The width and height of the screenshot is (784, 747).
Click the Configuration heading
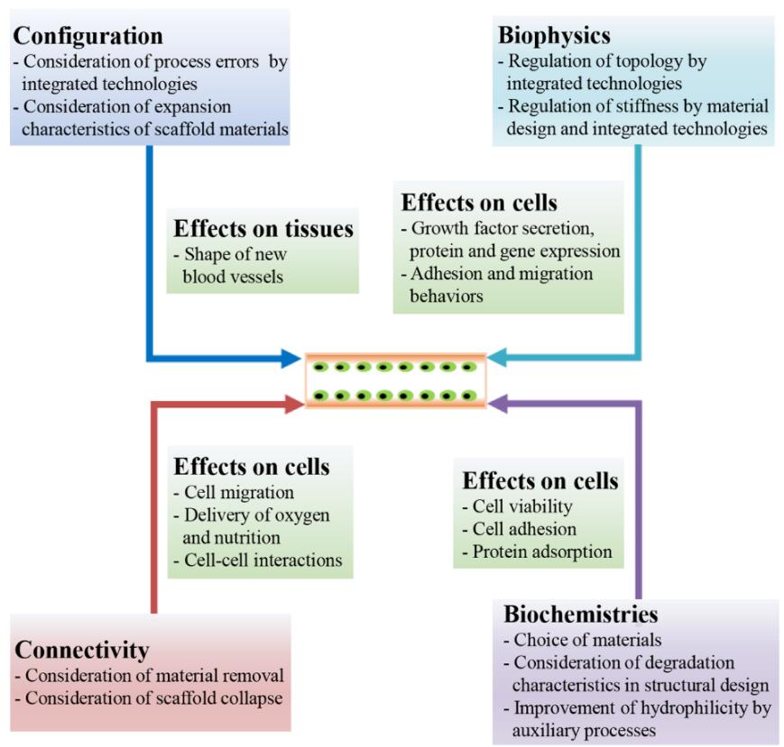click(x=88, y=36)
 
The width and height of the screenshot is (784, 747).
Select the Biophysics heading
click(x=554, y=36)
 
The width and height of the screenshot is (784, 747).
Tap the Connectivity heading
click(x=82, y=649)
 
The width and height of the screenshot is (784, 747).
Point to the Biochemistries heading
click(x=580, y=615)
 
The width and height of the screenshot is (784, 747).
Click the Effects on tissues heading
click(x=263, y=228)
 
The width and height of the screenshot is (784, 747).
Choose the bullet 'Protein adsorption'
click(x=536, y=551)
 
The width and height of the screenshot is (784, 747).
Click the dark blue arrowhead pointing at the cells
click(x=290, y=359)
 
